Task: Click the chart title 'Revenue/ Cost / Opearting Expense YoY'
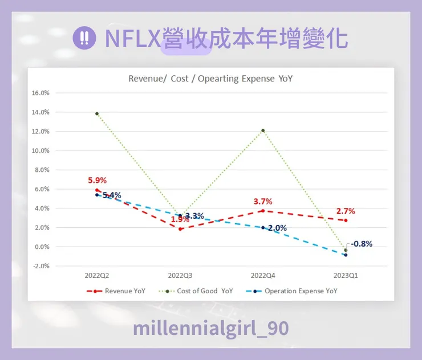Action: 210,79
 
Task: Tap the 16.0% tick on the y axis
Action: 40,93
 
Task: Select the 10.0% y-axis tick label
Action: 40,151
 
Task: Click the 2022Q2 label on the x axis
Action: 97,275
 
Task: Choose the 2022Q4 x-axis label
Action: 263,275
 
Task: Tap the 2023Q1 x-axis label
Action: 346,275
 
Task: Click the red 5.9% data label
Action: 97,181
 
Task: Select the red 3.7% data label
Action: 263,201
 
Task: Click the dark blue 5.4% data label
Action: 112,195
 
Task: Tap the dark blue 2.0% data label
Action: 277,228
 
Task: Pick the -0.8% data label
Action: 362,244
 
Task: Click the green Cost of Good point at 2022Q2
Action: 97,113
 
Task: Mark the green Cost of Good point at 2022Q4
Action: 263,130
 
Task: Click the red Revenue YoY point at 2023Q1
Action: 346,220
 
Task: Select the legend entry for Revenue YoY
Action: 116,291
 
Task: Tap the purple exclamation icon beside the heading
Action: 84,39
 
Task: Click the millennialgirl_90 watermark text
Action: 210,328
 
